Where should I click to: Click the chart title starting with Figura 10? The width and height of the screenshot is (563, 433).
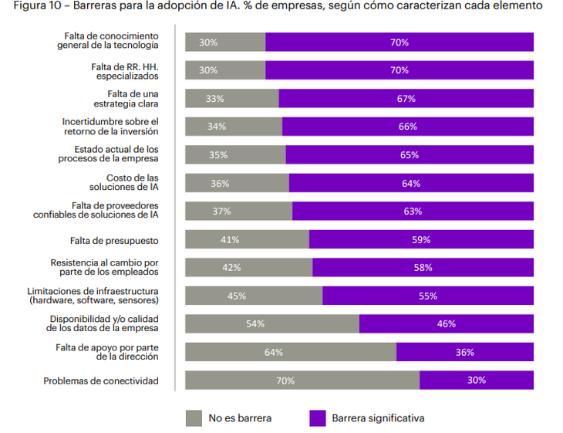278,6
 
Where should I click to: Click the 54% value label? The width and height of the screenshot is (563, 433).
255,324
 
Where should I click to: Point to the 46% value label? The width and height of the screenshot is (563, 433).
447,324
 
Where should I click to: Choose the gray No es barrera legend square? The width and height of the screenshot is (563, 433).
194,418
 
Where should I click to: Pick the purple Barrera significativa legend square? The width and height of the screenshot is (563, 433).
317,418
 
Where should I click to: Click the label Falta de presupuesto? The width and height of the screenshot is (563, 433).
114,239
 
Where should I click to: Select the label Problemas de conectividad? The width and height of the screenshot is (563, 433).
101,381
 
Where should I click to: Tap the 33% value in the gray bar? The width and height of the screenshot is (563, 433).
215,99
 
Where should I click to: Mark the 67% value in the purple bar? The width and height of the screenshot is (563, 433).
406,99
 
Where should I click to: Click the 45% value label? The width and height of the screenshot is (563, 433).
237,296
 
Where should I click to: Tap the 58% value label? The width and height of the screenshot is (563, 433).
423,268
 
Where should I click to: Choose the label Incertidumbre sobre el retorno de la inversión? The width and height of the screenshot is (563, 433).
110,127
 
